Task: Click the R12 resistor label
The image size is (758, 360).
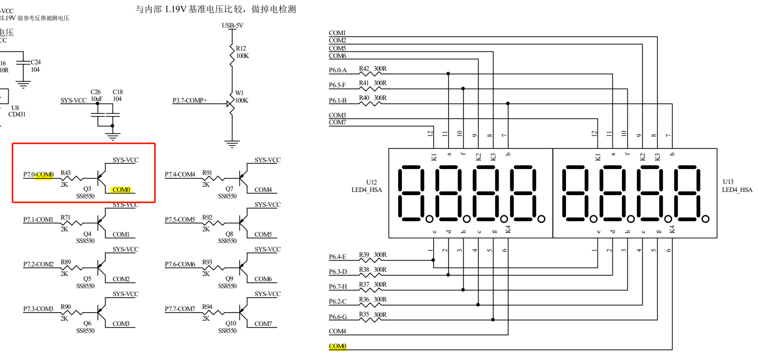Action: tap(241, 48)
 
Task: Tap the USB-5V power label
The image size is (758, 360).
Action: tap(233, 25)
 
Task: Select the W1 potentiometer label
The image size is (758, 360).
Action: tap(240, 92)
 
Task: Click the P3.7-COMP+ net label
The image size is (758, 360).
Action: tap(190, 101)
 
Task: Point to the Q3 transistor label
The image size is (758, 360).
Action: tap(87, 188)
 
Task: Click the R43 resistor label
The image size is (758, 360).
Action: tap(65, 172)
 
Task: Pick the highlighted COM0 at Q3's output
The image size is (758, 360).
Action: tap(121, 189)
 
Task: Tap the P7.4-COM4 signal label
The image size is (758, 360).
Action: tap(180, 174)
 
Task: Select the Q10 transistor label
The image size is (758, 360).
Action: tap(230, 323)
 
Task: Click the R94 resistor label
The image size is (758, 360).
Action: tap(207, 307)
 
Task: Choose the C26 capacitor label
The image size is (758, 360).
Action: tap(96, 91)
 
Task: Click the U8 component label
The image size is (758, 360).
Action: tap(15, 107)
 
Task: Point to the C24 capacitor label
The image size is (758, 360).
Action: tap(36, 62)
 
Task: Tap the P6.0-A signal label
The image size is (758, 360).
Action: tap(338, 70)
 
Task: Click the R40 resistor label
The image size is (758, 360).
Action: tap(364, 98)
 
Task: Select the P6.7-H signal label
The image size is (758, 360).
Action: tap(338, 287)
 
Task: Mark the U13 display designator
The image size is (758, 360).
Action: tap(728, 182)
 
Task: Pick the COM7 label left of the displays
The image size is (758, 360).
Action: tap(338, 123)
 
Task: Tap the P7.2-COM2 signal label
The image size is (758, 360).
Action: tap(38, 264)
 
